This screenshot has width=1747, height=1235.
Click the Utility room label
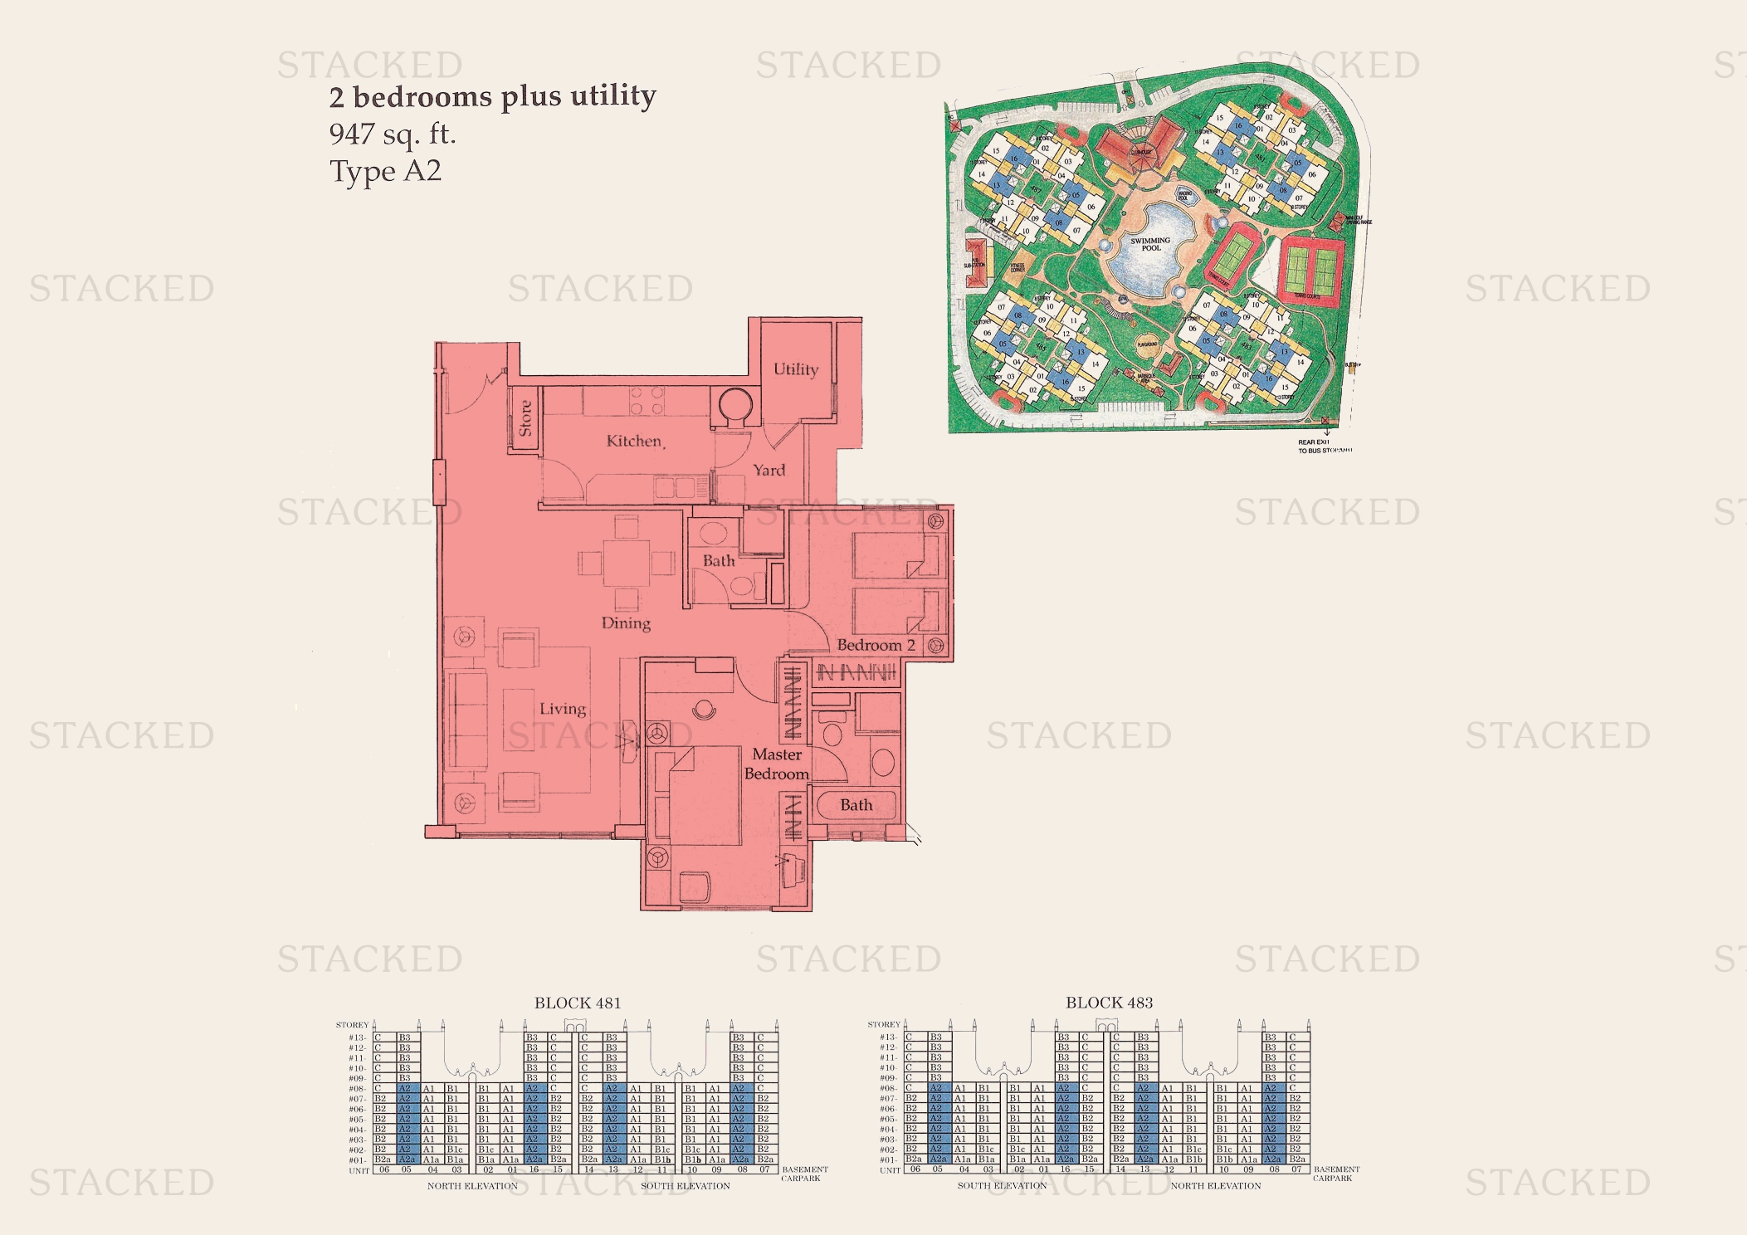795,369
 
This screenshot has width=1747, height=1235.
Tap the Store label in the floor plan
525,417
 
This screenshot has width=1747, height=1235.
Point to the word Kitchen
634,441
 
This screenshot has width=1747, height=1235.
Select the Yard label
769,470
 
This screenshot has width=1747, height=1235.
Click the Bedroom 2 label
876,645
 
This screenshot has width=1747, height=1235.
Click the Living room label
563,709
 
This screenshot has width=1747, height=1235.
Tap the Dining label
626,623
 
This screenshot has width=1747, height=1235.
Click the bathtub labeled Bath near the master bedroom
856,805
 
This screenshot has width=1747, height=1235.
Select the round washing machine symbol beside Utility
734,407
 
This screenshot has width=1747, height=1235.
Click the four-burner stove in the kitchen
646,401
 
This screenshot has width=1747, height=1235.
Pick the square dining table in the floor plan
627,563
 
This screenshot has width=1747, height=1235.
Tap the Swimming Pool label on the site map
1150,244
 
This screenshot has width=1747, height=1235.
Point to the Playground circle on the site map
1147,344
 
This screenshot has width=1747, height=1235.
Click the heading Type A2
385,171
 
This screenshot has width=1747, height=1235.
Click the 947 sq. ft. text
393,134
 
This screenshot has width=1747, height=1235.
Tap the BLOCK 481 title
577,1003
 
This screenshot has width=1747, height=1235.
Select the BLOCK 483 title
1109,1003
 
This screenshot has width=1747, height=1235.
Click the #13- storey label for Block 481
357,1037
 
